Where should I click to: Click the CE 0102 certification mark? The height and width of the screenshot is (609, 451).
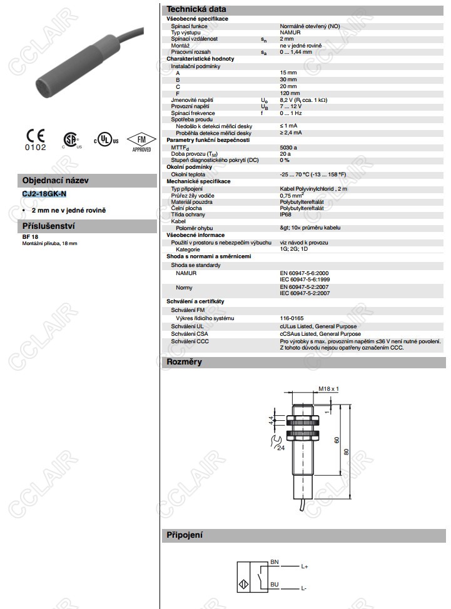36,141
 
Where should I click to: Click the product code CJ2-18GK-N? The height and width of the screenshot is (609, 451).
44,194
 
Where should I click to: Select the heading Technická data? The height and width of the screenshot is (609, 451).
196,9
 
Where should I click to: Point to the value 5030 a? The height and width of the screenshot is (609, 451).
290,147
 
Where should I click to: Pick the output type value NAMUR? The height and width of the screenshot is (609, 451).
290,32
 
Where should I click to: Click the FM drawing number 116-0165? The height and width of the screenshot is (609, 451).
292,318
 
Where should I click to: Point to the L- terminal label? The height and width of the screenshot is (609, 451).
304,589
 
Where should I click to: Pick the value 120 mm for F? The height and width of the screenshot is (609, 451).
289,93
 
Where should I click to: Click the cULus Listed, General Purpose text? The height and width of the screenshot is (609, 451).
318,326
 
